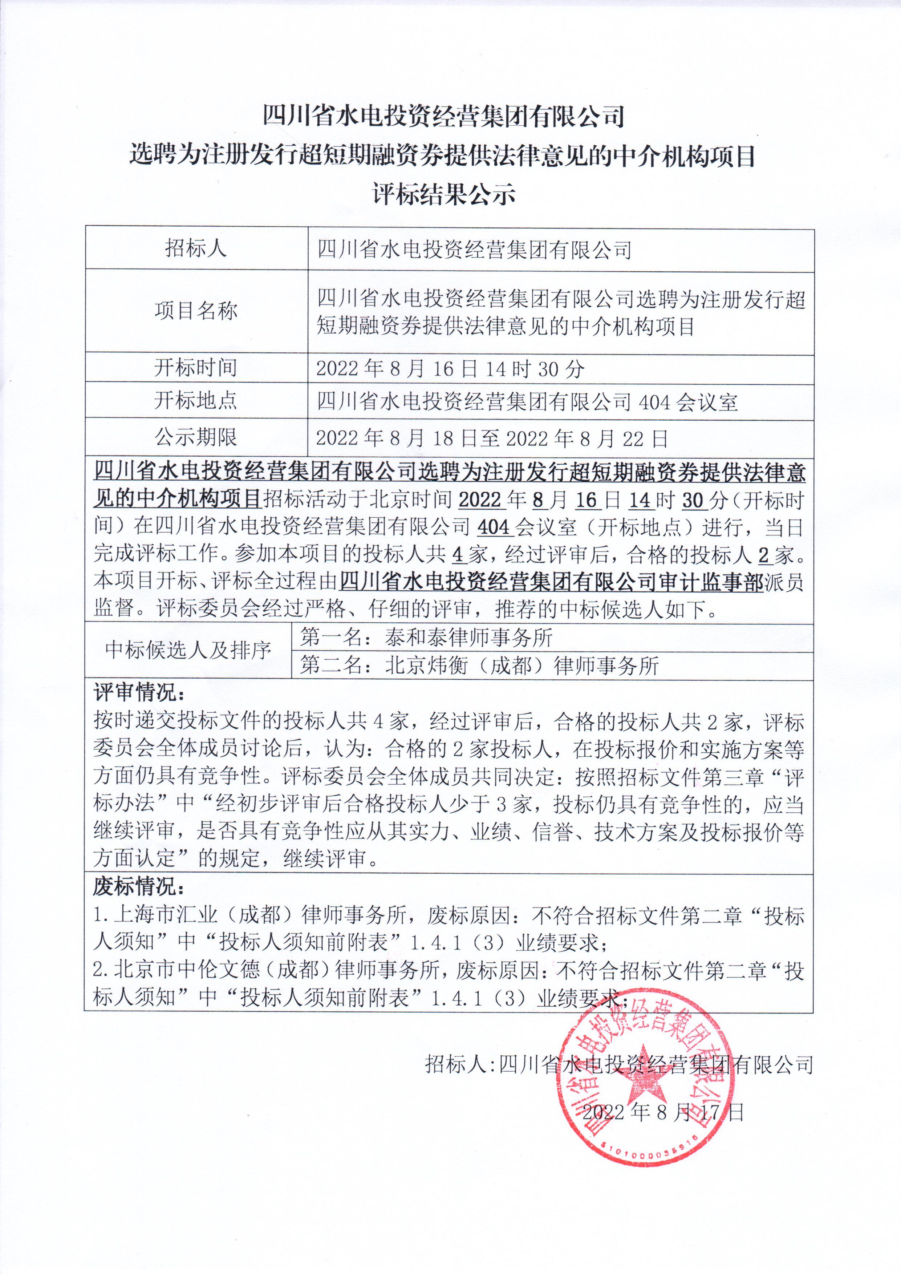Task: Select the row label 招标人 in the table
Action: coord(196,248)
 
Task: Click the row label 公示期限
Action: coord(196,437)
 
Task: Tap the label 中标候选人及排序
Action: coord(188,649)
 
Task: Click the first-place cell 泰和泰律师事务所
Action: coord(469,638)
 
